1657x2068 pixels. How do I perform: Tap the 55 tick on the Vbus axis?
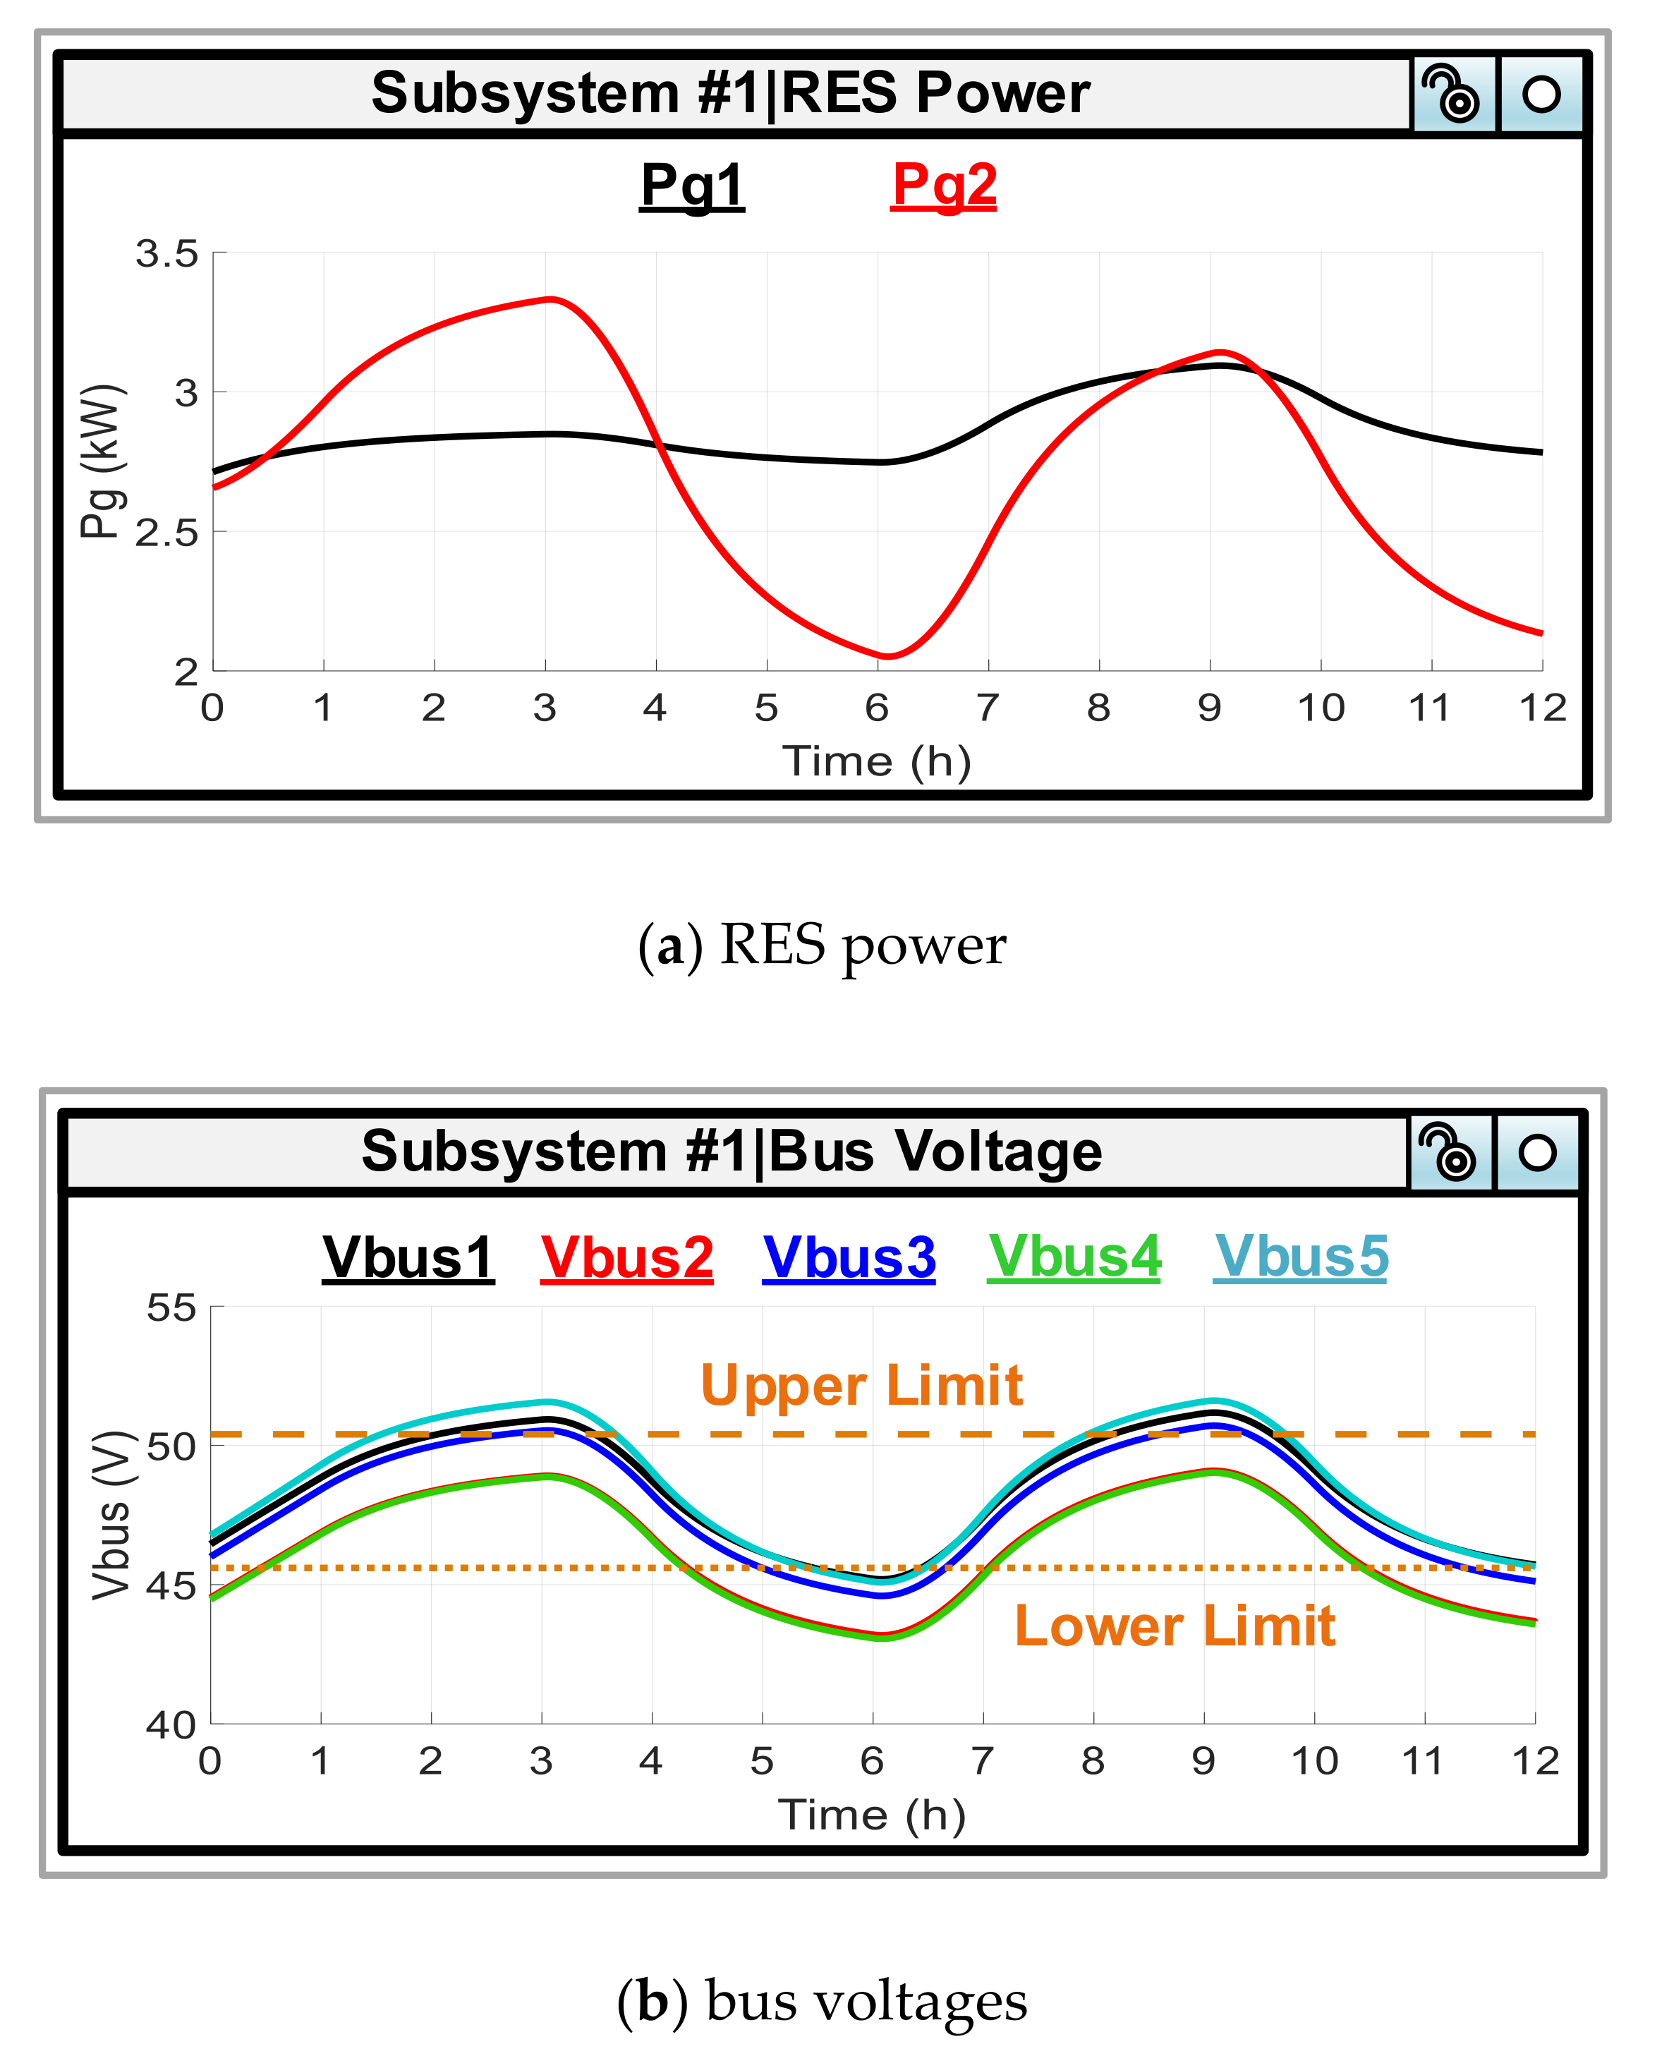[x=171, y=1308]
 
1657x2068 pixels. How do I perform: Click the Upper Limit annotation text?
[x=861, y=1386]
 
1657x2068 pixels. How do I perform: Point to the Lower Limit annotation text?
[x=1174, y=1627]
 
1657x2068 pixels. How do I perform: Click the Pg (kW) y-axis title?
[x=101, y=461]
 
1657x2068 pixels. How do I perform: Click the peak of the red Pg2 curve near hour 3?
[x=550, y=299]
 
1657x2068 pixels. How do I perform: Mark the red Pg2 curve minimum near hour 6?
[x=886, y=657]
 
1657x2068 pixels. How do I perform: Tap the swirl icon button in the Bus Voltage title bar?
[x=1449, y=1152]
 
